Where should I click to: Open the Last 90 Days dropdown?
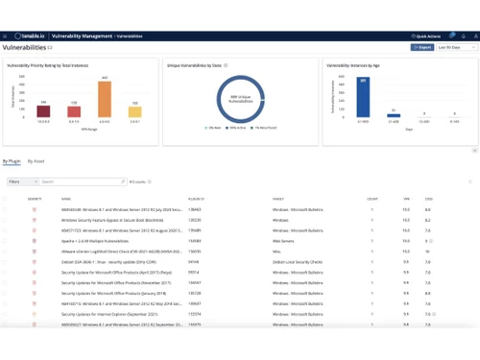pyautogui.click(x=456, y=47)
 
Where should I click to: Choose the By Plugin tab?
pyautogui.click(x=12, y=161)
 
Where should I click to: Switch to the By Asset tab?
pyautogui.click(x=36, y=161)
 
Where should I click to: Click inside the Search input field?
pyautogui.click(x=82, y=181)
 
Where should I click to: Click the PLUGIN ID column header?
pyautogui.click(x=196, y=199)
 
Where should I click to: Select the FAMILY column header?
pyautogui.click(x=277, y=199)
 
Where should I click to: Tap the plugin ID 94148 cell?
pyautogui.click(x=193, y=262)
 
